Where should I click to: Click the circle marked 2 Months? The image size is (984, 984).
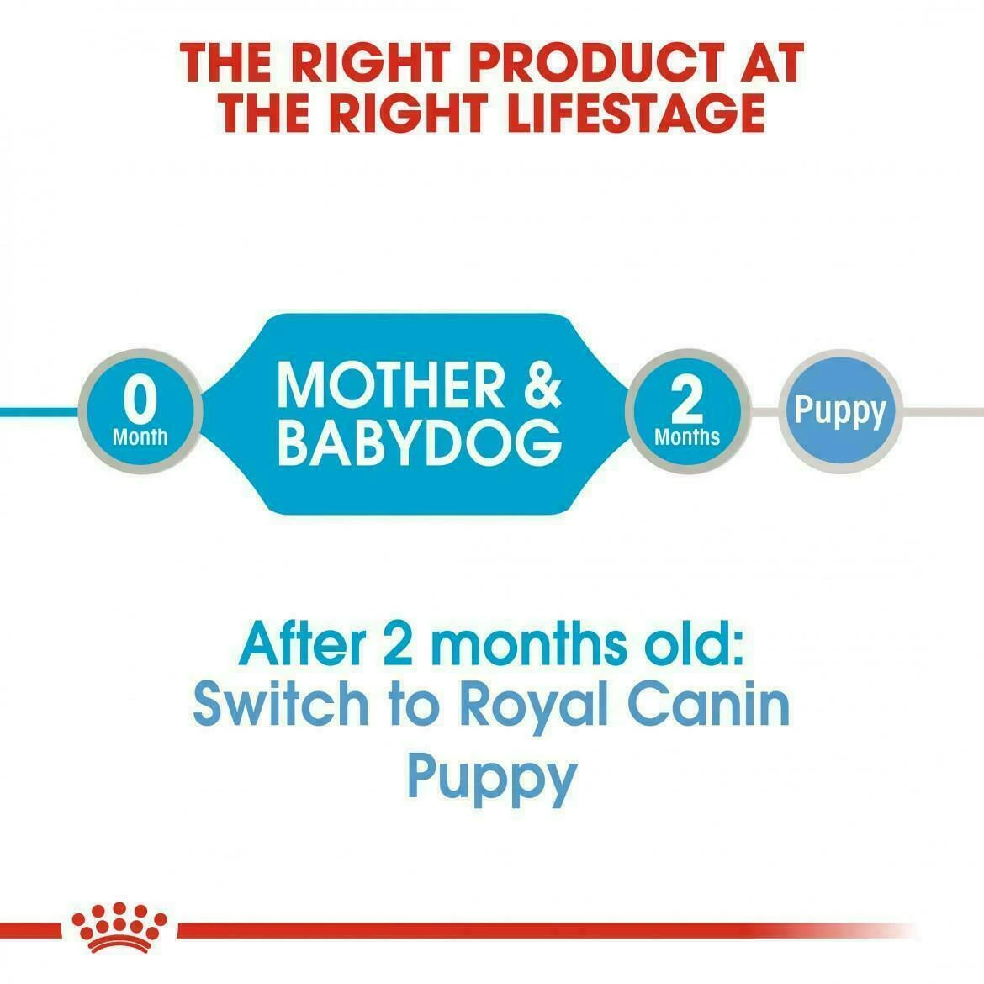[687, 411]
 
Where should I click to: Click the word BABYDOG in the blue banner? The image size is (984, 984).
[419, 443]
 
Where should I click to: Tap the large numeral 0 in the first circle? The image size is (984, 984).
[140, 401]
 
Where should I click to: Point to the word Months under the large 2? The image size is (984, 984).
[687, 436]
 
